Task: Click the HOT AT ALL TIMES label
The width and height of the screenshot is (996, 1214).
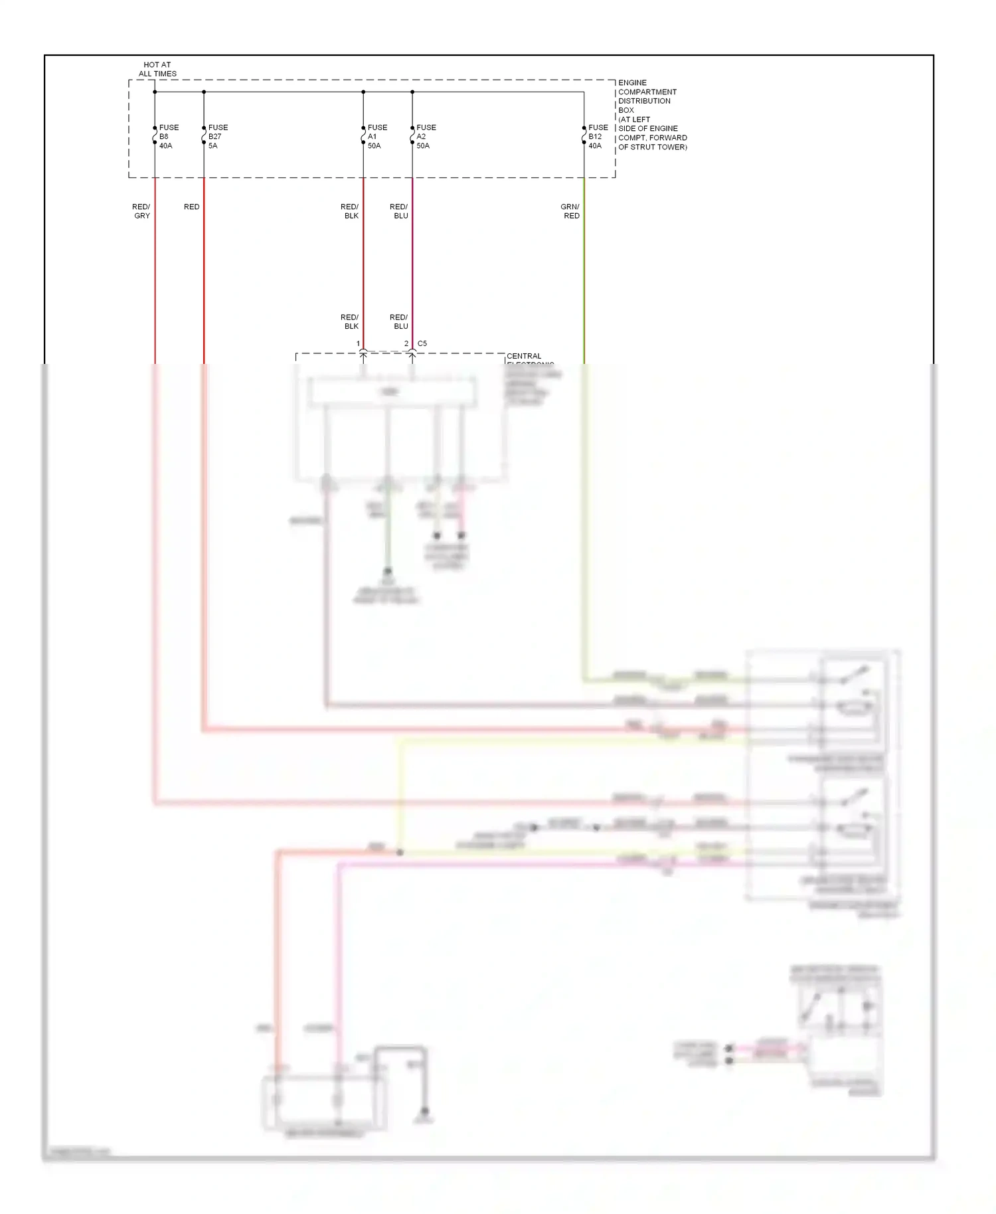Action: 157,69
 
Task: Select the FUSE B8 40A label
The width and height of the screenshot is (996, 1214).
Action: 168,136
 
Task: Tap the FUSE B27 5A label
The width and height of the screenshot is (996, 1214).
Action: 217,136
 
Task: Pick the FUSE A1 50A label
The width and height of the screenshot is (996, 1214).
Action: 376,136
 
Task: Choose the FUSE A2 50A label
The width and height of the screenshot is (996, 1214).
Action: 426,136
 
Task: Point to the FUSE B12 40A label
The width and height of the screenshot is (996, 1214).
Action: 597,136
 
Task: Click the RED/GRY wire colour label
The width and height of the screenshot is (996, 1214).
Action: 141,211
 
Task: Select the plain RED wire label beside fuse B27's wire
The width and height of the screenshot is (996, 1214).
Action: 191,207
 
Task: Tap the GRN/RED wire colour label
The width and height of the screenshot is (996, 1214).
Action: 570,211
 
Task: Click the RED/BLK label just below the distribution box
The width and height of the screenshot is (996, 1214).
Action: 350,211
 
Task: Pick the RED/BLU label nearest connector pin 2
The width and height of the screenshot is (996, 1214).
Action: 399,321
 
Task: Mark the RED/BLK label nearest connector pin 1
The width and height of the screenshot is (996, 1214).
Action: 350,321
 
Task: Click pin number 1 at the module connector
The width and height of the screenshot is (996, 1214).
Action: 358,343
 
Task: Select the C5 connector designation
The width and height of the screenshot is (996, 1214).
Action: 422,343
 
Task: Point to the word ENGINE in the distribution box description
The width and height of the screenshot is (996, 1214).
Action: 632,82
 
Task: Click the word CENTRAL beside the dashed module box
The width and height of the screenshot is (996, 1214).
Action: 524,356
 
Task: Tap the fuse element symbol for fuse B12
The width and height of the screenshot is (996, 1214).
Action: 584,136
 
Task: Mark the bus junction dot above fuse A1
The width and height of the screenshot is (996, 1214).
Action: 363,92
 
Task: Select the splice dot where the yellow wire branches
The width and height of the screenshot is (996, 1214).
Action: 400,852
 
